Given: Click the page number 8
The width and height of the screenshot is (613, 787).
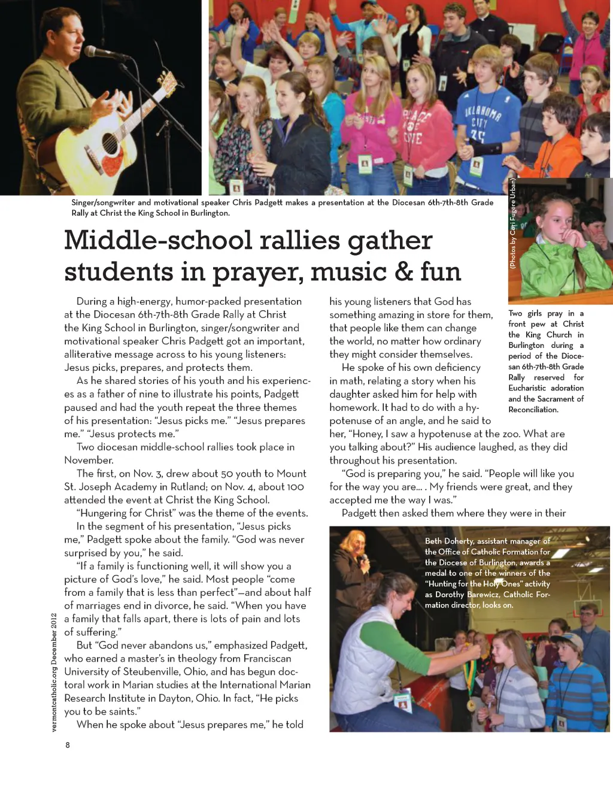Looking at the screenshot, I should click(x=68, y=745).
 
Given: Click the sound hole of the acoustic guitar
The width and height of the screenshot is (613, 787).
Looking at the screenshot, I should click(x=111, y=144).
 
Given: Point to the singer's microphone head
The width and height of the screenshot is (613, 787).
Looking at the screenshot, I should click(x=92, y=52).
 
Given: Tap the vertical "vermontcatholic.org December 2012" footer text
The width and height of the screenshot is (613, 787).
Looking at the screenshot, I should click(x=54, y=672).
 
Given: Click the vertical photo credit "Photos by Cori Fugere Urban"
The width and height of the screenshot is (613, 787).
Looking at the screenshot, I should click(x=512, y=223).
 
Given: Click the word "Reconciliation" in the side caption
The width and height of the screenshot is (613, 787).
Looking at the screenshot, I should click(x=533, y=410).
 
